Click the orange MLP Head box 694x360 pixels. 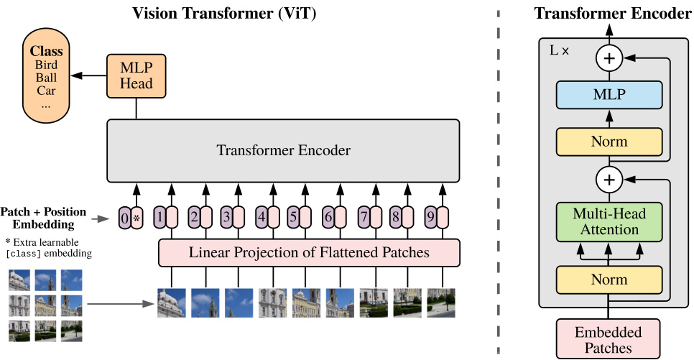point(136,75)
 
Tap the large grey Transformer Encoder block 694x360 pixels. point(284,151)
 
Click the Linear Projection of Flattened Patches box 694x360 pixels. point(309,252)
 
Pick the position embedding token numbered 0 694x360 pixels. point(125,218)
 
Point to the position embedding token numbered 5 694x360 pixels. point(292,216)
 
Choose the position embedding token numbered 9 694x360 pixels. point(430,216)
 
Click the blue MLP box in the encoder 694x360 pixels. point(609,94)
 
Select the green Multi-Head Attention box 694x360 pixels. point(609,221)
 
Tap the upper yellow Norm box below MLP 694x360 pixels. point(609,142)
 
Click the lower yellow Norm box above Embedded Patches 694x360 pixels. point(609,280)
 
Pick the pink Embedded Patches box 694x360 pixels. point(609,340)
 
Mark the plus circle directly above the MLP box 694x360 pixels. point(609,57)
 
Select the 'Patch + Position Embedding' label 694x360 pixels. point(43,218)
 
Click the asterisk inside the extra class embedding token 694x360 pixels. point(137,218)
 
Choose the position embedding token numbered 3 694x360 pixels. point(226,216)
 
